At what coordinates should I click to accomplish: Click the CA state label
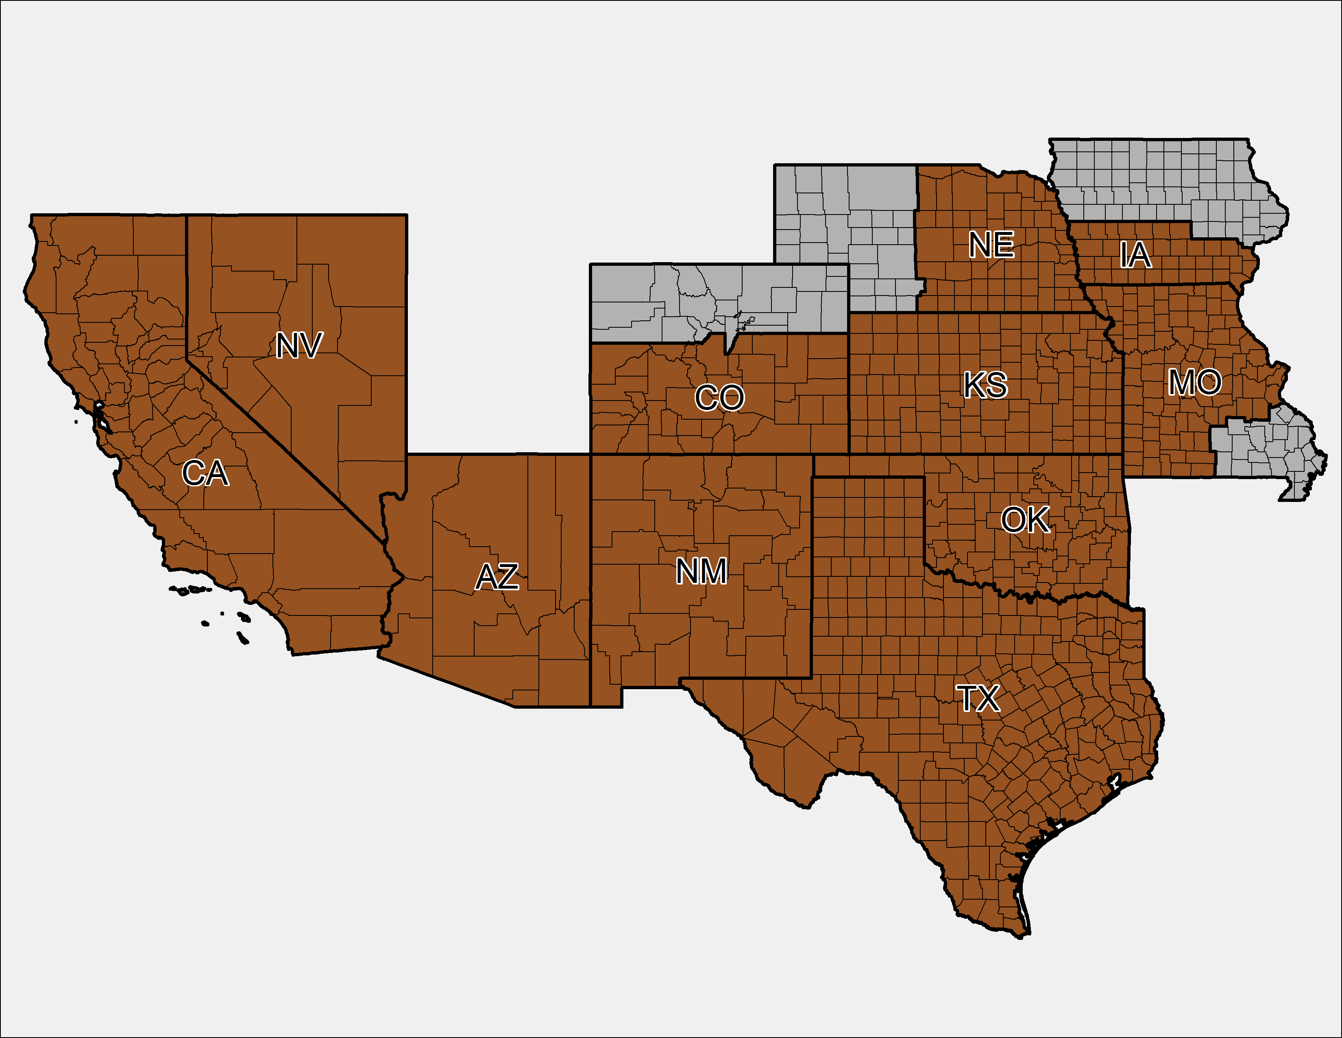click(205, 473)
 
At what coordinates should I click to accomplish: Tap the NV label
click(298, 346)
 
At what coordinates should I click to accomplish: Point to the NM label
click(701, 571)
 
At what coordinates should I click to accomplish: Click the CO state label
click(719, 398)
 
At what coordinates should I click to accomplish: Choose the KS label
click(985, 385)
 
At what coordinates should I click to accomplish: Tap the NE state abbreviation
click(991, 245)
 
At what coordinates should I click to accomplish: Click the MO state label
click(1194, 383)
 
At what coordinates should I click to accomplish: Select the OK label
click(1025, 520)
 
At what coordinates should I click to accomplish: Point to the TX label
click(978, 699)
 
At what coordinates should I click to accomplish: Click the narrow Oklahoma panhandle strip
click(873, 466)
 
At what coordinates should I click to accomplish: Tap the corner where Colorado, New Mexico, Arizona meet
click(590, 454)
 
